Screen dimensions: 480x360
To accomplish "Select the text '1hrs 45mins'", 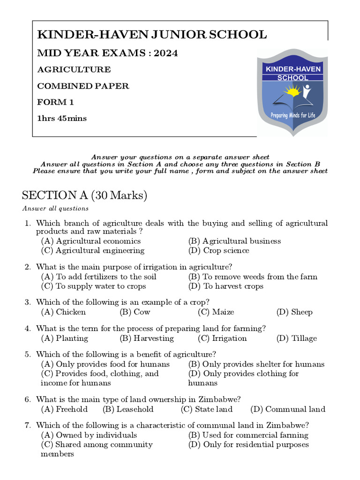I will (x=62, y=118).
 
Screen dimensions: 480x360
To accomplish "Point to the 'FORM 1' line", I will (x=55, y=102).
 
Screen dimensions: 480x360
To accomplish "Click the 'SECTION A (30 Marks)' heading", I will (x=85, y=195).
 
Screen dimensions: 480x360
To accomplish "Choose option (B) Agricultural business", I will (x=234, y=241).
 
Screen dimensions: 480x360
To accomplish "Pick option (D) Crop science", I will (x=218, y=250).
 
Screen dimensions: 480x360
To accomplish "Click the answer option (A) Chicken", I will (x=63, y=312).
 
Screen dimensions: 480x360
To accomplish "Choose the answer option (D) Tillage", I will (x=296, y=338).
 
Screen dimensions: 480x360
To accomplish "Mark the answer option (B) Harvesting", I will (x=146, y=338).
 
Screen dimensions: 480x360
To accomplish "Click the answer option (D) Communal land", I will (x=287, y=409).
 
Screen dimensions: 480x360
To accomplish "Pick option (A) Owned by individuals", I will (x=89, y=435).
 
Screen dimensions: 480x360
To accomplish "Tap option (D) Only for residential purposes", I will (x=248, y=444).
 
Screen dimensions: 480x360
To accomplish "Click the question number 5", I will (x=28, y=354).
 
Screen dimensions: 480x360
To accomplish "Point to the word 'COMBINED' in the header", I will (x=59, y=86).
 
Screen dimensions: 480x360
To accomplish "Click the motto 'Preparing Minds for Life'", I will (x=293, y=115).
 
